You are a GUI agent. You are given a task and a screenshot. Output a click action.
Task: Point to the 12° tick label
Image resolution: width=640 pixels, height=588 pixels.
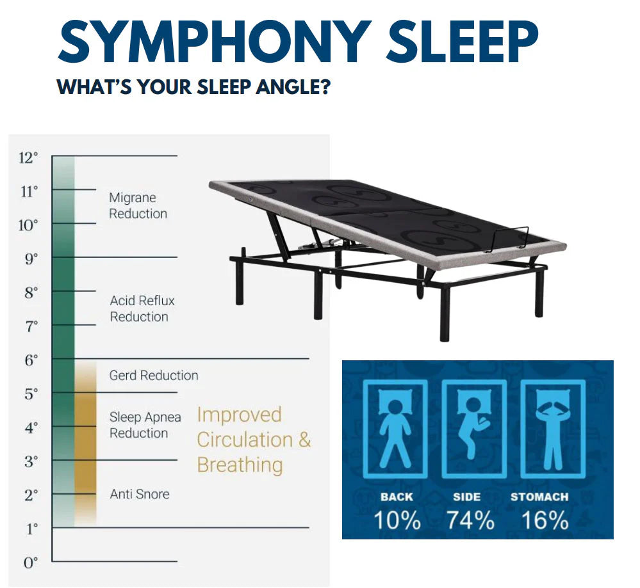pyautogui.click(x=28, y=157)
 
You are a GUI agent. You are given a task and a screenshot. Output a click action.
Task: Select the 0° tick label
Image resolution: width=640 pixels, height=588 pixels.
pyautogui.click(x=31, y=562)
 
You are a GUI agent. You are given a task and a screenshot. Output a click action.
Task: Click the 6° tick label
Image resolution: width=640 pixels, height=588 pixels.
pyautogui.click(x=31, y=360)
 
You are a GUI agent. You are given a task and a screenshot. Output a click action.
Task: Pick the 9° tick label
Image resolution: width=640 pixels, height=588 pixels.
pyautogui.click(x=31, y=258)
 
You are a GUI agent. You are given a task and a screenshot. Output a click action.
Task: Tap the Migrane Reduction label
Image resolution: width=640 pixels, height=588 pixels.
pyautogui.click(x=138, y=206)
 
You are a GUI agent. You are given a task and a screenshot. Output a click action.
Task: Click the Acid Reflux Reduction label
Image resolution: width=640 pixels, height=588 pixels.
pyautogui.click(x=142, y=308)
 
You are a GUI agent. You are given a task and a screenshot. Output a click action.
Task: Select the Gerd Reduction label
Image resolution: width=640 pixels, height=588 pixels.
pyautogui.click(x=153, y=376)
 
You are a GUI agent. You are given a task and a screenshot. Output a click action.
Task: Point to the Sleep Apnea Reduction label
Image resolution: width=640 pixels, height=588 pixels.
pyautogui.click(x=145, y=425)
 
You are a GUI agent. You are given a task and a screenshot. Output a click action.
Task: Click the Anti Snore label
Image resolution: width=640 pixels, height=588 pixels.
pyautogui.click(x=140, y=494)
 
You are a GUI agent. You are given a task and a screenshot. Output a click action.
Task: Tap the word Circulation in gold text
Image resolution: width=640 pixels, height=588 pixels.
pyautogui.click(x=244, y=440)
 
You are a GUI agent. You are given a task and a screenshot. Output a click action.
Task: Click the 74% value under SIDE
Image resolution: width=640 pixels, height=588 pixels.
pyautogui.click(x=470, y=520)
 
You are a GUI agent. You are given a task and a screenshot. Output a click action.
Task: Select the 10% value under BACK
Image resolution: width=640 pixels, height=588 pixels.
pyautogui.click(x=397, y=520)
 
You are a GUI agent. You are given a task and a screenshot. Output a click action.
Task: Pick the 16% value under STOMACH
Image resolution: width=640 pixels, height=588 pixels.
pyautogui.click(x=544, y=520)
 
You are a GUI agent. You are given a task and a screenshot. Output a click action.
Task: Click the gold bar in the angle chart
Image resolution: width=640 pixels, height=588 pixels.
pyautogui.click(x=85, y=441)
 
